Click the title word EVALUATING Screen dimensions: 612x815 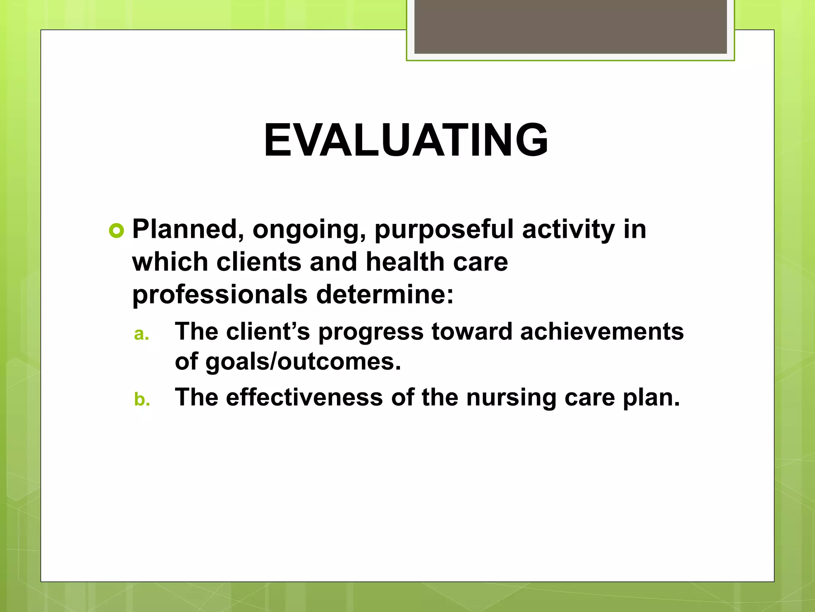[x=406, y=140]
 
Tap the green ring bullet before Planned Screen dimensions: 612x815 [x=116, y=231]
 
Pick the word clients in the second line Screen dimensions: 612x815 [x=259, y=262]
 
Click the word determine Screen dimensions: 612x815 [x=384, y=294]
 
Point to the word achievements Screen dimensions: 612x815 [x=602, y=331]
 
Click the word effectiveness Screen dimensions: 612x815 [x=304, y=397]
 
